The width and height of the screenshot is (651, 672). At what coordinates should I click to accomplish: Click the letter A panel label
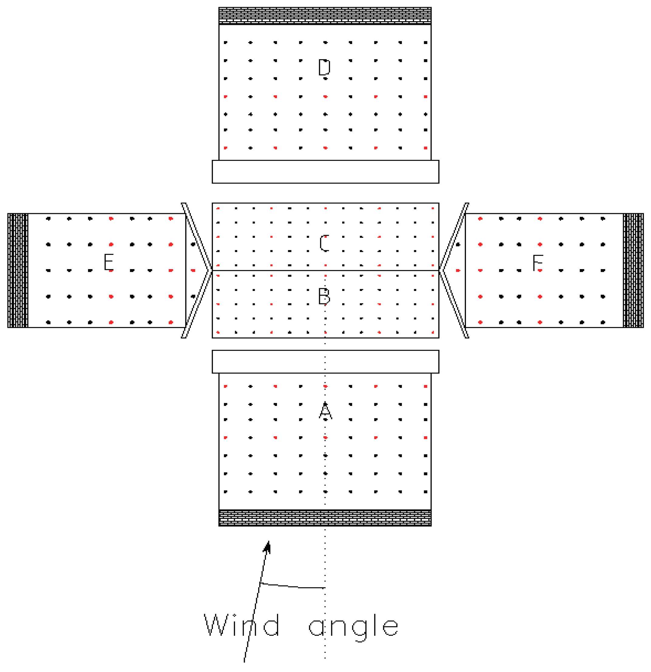click(x=325, y=410)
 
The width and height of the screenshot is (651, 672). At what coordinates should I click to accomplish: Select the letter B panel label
click(x=324, y=296)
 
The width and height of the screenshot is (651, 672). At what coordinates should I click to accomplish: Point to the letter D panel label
click(x=324, y=67)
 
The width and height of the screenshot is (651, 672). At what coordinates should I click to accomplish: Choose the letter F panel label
click(x=538, y=263)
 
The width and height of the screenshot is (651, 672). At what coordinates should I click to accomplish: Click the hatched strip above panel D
click(x=325, y=15)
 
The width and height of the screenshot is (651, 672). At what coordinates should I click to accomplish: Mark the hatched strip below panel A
click(x=325, y=518)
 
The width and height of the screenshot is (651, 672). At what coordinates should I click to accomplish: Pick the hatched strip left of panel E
click(x=18, y=270)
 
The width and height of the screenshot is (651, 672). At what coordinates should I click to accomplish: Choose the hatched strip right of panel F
click(x=633, y=270)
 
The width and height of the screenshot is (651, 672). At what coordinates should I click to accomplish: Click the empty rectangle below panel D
click(x=325, y=171)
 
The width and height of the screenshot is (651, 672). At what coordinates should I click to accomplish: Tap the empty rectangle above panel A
click(x=325, y=361)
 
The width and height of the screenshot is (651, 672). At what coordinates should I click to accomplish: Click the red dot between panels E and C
click(x=193, y=271)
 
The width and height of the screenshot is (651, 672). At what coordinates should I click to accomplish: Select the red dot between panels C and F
click(x=458, y=271)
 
